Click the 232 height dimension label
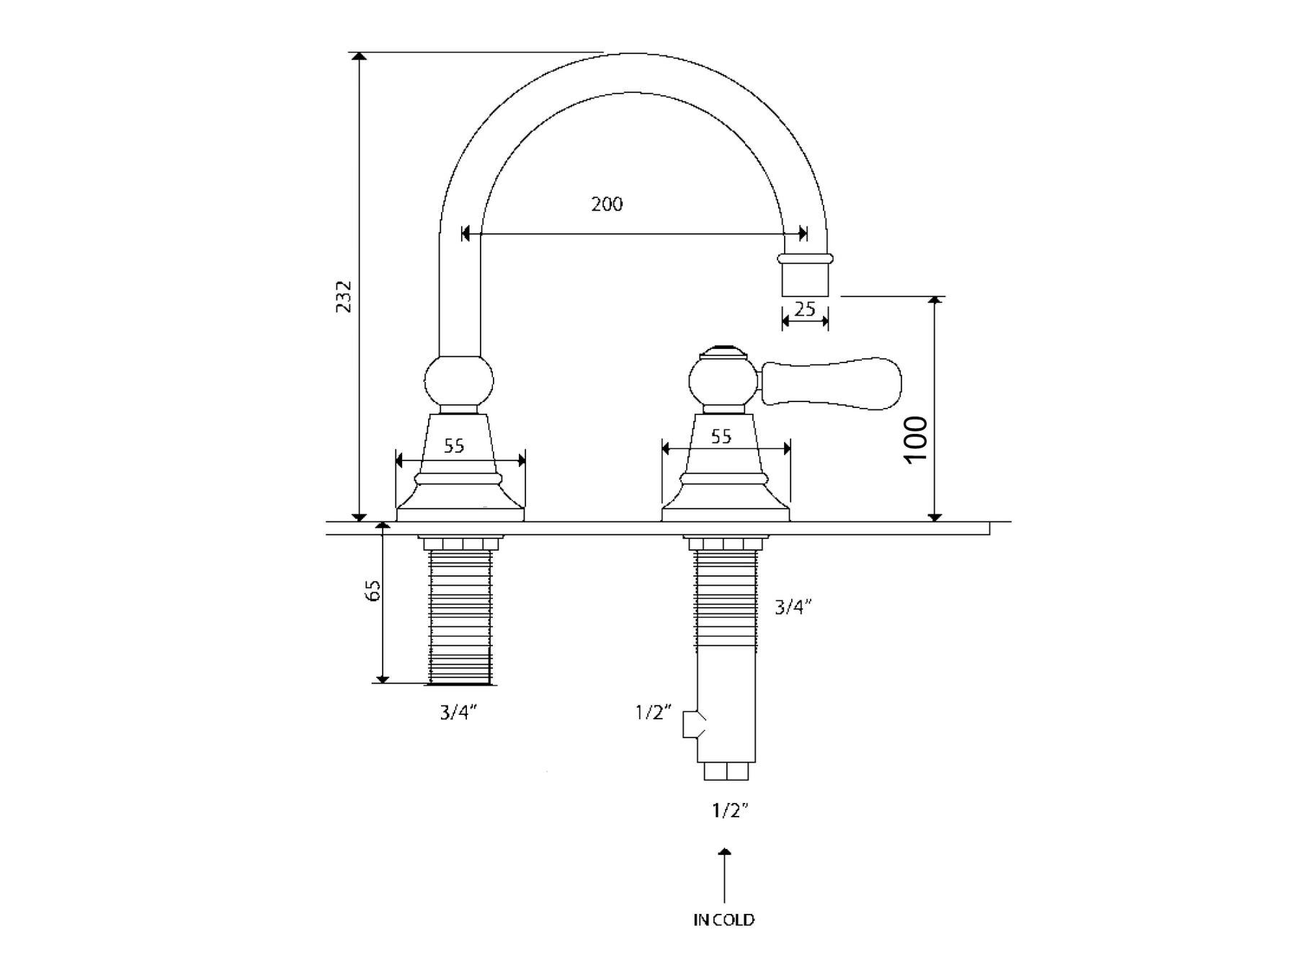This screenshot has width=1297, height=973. click(x=344, y=296)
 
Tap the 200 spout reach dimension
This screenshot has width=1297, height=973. click(x=607, y=205)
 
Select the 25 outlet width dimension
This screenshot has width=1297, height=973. click(x=805, y=309)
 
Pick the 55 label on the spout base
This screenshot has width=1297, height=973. click(x=453, y=446)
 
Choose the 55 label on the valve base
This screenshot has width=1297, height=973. click(x=721, y=436)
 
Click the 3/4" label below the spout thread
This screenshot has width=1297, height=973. click(x=459, y=714)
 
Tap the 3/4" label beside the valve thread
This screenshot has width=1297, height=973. click(x=793, y=608)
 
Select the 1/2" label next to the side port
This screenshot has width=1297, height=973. click(x=654, y=714)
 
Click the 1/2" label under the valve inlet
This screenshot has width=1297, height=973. click(x=731, y=811)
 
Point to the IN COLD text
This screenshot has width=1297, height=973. click(x=723, y=920)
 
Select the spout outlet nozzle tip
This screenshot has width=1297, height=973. click(x=805, y=277)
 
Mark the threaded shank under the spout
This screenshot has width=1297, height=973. click(x=460, y=616)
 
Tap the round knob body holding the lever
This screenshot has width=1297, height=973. click(x=723, y=383)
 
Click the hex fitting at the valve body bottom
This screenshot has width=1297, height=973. click(x=726, y=771)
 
